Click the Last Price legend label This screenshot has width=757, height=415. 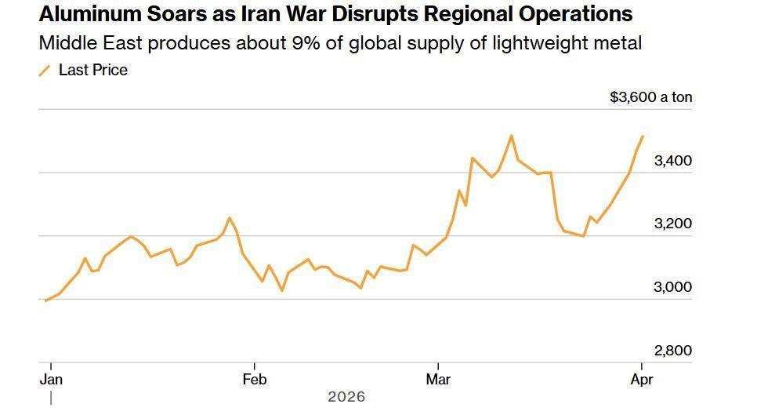coord(92,70)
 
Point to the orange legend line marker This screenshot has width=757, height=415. coord(45,71)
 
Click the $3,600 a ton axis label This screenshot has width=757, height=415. coord(650,97)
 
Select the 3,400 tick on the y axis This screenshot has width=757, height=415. coord(672,161)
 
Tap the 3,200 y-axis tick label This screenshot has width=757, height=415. coord(672,224)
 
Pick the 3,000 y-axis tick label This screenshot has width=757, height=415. coord(672,287)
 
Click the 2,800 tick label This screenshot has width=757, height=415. coord(672,351)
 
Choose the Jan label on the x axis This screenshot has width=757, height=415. coord(51,380)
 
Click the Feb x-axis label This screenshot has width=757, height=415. coord(255,380)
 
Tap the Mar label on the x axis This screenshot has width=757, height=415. coord(438,380)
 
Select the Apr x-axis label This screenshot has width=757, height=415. coord(642,380)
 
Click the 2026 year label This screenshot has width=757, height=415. coord(346,397)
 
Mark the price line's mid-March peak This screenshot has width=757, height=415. coord(511,136)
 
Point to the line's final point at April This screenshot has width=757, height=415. coord(643,137)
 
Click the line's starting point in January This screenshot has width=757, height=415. coord(46,300)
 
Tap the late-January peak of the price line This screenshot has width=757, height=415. coord(229,217)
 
